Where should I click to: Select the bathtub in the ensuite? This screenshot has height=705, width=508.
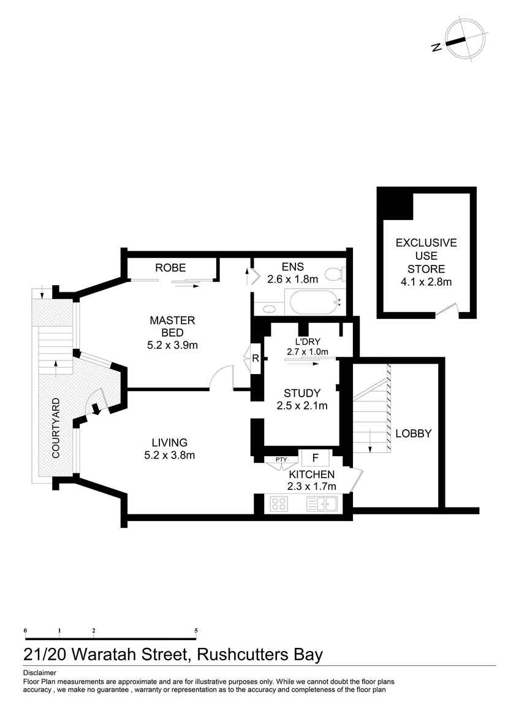[314, 302]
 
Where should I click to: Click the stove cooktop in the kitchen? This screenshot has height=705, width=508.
[279, 504]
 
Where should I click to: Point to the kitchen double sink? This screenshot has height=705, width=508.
[322, 504]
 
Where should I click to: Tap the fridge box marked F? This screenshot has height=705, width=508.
[315, 458]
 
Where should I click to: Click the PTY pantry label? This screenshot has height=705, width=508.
[281, 459]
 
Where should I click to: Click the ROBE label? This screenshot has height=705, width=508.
[170, 268]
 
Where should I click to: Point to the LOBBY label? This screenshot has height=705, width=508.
[413, 433]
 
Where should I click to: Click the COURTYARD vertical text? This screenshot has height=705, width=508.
[56, 428]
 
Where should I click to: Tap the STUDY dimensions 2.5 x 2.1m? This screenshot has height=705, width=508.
[301, 405]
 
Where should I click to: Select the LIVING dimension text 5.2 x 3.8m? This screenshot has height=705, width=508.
[169, 455]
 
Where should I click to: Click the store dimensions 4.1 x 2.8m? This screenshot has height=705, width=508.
[426, 282]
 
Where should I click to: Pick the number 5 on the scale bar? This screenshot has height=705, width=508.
[196, 630]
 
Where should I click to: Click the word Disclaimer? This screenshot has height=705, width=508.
[39, 673]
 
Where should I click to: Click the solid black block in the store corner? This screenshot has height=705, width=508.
[395, 203]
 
